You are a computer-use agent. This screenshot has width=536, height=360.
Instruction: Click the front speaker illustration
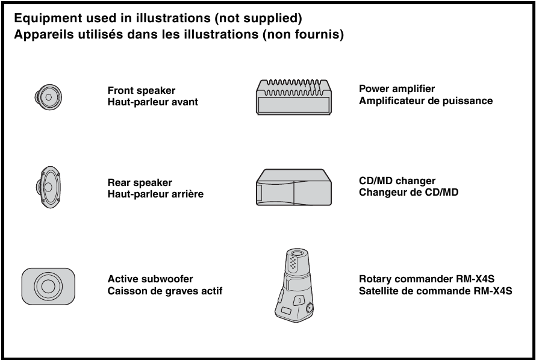coord(48,96)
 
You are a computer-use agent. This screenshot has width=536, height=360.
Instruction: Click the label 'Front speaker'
coord(142,91)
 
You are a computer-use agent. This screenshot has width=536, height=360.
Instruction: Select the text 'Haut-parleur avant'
coord(152,102)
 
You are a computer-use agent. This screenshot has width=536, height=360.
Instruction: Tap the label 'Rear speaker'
coord(140,182)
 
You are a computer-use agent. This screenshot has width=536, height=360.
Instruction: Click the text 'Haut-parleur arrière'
coord(155,194)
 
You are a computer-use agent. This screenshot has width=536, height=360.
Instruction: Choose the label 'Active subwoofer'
coord(151,279)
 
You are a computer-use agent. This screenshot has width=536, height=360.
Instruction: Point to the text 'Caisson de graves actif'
coord(165,291)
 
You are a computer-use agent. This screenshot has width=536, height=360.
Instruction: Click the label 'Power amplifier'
coord(397,89)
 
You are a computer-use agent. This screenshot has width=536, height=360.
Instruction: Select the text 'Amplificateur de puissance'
coord(426,101)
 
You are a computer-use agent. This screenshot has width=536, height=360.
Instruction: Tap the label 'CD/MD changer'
coord(397,181)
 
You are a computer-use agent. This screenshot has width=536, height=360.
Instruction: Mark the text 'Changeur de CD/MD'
coord(408,192)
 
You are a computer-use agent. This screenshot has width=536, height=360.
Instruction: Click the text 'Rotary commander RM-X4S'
coord(426,279)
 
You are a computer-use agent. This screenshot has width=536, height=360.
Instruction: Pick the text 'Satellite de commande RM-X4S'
coord(435,291)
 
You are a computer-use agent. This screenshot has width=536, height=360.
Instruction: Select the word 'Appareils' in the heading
coord(42,34)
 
